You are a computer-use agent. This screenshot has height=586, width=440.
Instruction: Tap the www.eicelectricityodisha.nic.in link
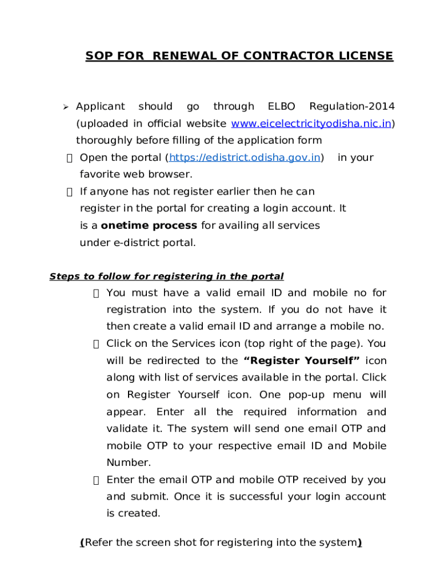[x=311, y=124]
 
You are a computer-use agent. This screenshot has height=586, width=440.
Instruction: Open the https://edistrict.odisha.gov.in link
[x=244, y=157]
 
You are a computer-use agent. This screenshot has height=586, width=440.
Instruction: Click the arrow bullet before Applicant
[x=66, y=107]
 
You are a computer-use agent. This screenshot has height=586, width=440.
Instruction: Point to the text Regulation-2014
[x=351, y=106]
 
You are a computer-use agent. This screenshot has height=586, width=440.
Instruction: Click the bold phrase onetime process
[x=149, y=225]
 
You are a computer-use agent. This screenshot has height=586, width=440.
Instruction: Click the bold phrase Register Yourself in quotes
[x=301, y=361]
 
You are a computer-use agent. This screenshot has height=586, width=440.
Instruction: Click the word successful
[x=255, y=496]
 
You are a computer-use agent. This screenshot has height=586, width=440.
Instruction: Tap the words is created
[x=133, y=513]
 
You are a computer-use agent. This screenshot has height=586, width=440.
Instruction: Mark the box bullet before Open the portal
[x=69, y=158]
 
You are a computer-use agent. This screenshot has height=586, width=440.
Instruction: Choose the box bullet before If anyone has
[x=69, y=192]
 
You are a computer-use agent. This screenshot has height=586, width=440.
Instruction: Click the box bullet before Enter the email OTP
[x=96, y=480]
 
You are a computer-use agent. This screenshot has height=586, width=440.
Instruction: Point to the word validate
[x=126, y=429]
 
